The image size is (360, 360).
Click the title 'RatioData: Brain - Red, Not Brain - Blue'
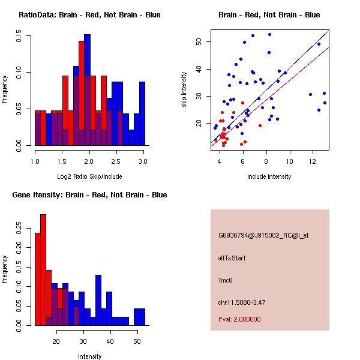(89, 15)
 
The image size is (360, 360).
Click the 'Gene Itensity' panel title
(89, 195)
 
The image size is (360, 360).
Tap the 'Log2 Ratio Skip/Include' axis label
(89, 177)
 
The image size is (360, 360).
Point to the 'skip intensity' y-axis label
(184, 90)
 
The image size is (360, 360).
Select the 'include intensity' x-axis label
(269, 177)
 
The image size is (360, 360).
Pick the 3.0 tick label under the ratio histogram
(143, 162)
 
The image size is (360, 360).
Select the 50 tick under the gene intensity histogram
(137, 342)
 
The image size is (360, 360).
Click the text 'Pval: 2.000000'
(239, 319)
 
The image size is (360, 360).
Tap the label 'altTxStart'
(232, 258)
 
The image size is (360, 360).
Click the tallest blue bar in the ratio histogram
(88, 90)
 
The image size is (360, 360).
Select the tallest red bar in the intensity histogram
(43, 270)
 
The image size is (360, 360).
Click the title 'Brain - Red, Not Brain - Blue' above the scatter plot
(269, 15)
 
